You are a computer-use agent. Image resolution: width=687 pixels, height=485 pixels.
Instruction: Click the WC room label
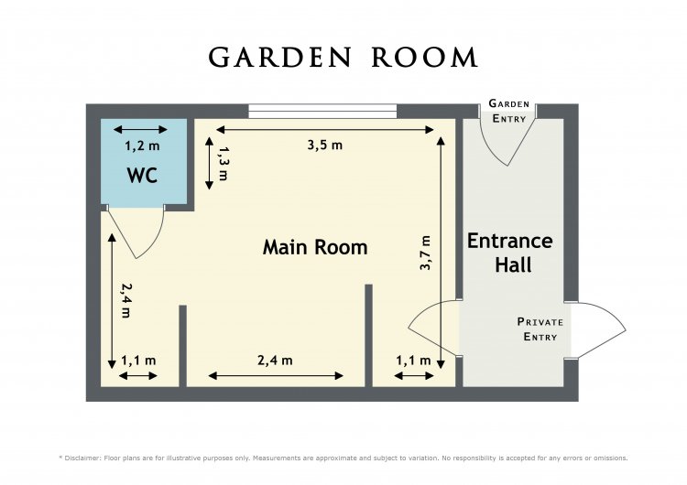(142, 176)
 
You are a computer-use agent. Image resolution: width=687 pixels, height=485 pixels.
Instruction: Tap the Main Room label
(315, 247)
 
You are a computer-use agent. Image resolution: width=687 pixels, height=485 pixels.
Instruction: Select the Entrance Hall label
(510, 253)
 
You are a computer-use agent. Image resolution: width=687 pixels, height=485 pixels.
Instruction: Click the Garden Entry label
(509, 111)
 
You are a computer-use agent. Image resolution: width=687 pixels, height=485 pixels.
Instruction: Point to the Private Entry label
(540, 329)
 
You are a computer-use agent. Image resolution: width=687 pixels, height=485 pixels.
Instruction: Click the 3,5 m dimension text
(324, 145)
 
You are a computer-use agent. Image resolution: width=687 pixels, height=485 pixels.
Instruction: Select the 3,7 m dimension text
(425, 253)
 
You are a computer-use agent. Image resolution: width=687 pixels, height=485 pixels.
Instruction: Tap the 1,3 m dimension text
(224, 163)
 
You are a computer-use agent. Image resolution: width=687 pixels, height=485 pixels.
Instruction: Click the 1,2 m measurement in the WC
(142, 145)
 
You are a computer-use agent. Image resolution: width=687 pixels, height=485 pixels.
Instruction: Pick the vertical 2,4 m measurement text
(126, 300)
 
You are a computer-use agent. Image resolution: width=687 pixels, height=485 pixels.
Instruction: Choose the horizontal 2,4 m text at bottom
(275, 361)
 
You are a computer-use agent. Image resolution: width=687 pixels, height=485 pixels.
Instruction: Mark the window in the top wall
(322, 111)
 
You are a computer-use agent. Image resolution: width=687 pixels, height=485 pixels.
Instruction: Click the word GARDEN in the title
(279, 58)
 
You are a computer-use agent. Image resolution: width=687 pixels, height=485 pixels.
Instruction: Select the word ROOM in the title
(425, 58)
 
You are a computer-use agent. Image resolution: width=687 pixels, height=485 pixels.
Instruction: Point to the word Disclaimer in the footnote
(82, 458)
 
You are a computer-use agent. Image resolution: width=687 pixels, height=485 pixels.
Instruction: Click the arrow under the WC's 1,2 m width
(140, 130)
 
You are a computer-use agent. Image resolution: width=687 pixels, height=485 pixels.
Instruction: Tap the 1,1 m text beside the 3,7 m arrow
(414, 361)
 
